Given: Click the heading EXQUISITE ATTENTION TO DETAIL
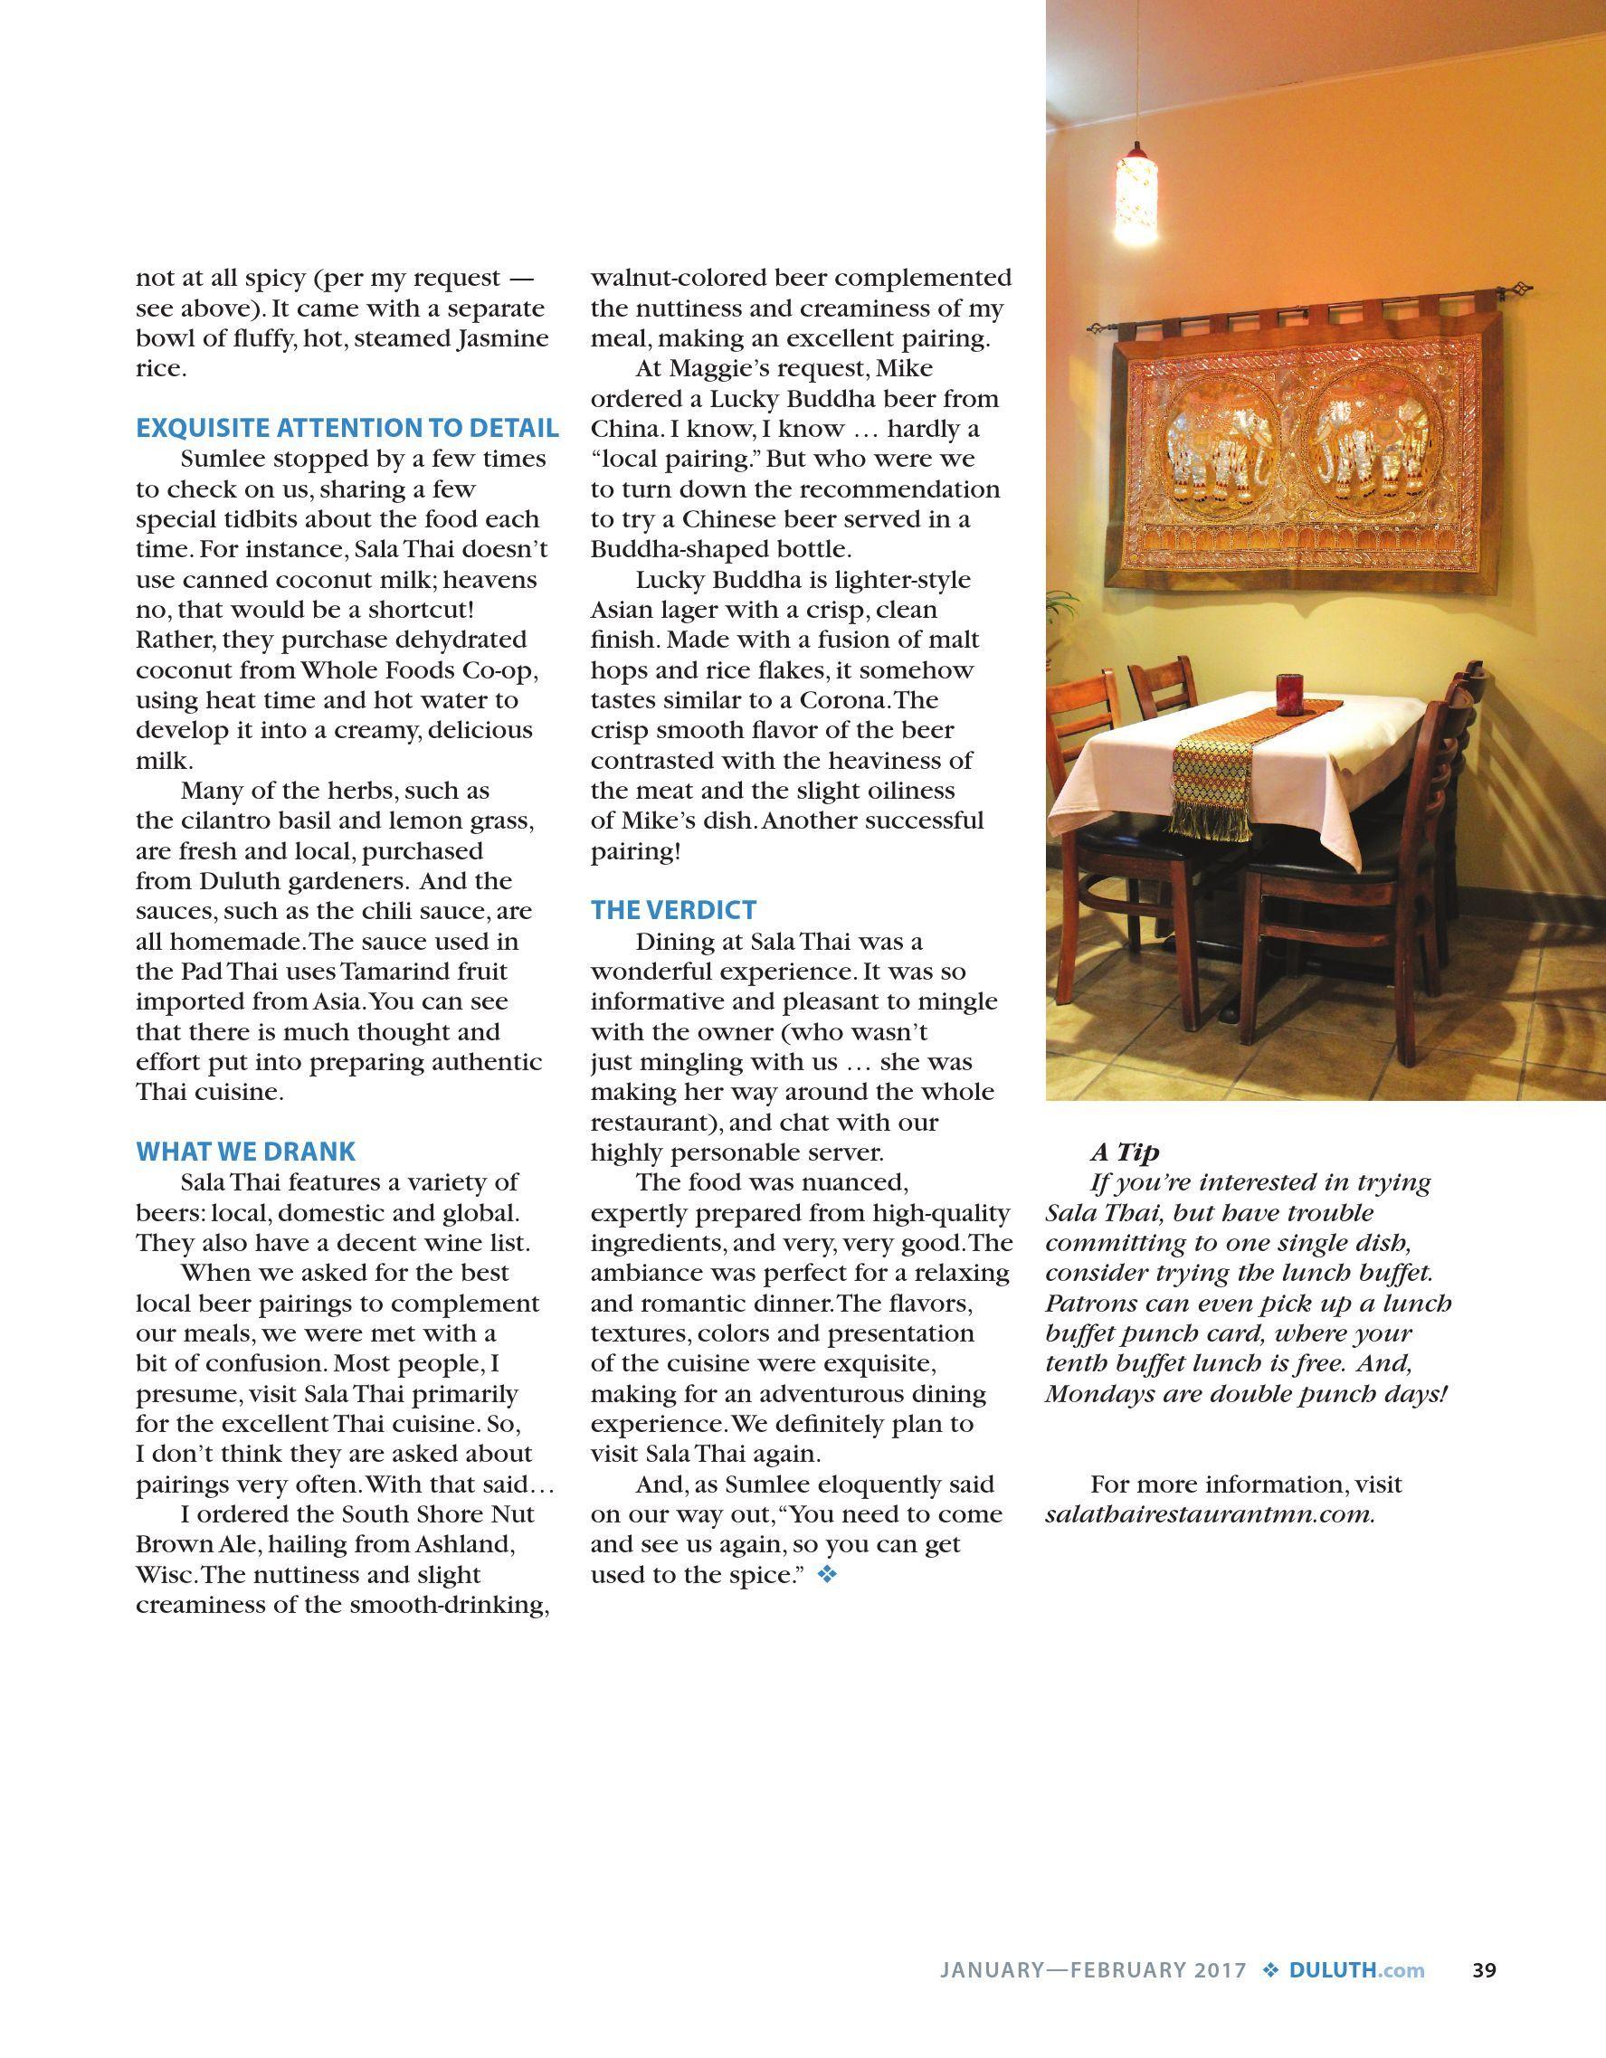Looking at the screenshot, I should pyautogui.click(x=347, y=428).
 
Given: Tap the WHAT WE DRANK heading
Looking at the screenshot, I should pyautogui.click(x=246, y=1151).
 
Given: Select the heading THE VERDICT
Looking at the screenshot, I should pyautogui.click(x=673, y=909).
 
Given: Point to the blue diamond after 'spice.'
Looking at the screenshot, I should pyautogui.click(x=827, y=1575).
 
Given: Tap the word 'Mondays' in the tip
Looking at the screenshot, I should pyautogui.click(x=1092, y=1394).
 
